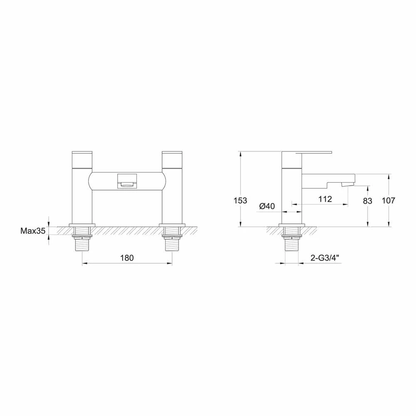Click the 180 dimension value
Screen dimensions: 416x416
(127, 258)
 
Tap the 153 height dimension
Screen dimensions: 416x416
(240, 201)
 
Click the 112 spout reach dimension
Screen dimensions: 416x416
(324, 199)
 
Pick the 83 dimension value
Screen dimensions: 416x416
(367, 201)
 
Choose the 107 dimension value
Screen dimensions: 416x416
(388, 201)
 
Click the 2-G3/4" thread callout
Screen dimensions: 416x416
(325, 258)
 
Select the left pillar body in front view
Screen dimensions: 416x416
(83, 196)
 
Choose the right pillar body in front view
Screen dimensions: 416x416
(172, 196)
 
